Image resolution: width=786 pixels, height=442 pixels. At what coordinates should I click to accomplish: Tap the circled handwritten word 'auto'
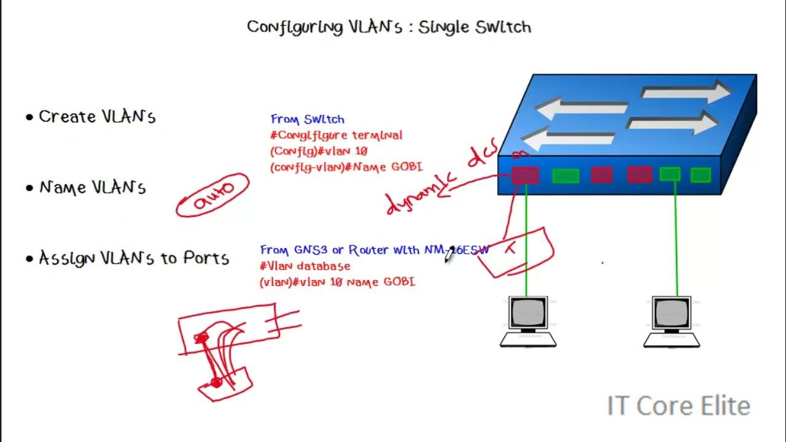[x=214, y=195]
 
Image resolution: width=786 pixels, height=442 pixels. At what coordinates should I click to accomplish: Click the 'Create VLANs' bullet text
[x=97, y=117]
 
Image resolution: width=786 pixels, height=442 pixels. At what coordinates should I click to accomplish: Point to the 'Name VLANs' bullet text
[x=92, y=187]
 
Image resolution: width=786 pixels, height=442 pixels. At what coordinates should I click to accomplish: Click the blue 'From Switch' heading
[x=307, y=120]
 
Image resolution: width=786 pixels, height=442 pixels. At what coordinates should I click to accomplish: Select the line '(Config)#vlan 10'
[x=318, y=151]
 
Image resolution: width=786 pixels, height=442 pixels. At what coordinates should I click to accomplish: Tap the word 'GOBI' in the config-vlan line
[x=405, y=167]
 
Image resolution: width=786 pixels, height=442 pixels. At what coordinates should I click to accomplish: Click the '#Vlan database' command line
[x=305, y=266]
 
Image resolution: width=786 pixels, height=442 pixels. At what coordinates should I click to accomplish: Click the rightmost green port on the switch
[x=700, y=176]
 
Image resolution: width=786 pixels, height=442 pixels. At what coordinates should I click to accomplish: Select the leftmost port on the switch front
[x=526, y=176]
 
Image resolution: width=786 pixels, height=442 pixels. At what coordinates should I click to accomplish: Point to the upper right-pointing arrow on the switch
[x=685, y=93]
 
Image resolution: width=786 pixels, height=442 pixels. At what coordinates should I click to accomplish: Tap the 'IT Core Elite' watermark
[x=679, y=406]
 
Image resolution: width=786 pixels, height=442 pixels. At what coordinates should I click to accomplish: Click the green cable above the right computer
[x=676, y=239]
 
